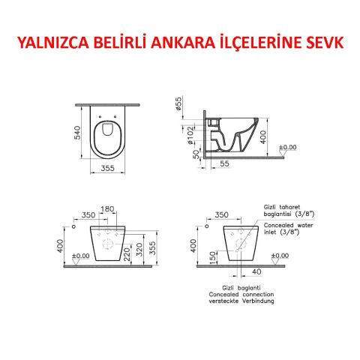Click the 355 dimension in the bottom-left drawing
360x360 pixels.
152,247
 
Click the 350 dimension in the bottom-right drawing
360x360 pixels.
220,215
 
